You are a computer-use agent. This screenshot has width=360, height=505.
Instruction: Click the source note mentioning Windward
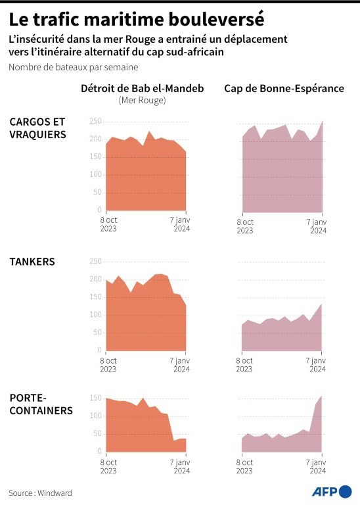(40, 493)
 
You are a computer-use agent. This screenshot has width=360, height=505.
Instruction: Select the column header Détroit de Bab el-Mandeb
(142, 89)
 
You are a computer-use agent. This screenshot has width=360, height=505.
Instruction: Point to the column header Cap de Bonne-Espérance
(284, 89)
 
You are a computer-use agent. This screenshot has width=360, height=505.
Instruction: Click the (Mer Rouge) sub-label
(142, 101)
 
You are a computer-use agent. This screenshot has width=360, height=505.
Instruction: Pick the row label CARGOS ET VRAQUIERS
(37, 128)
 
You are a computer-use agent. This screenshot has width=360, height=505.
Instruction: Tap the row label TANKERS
(32, 262)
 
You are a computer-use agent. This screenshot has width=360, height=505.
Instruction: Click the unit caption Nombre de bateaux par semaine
(74, 67)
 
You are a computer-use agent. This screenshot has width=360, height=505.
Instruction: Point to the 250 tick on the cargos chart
(95, 121)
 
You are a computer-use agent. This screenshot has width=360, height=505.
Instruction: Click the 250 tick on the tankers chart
(95, 262)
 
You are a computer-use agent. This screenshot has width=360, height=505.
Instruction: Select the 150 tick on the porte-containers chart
(95, 398)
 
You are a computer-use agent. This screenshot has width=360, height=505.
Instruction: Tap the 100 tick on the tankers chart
(95, 315)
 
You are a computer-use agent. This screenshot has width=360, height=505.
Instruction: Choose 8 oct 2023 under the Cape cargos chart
(244, 226)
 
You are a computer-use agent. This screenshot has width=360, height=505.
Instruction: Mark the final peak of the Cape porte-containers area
(321, 396)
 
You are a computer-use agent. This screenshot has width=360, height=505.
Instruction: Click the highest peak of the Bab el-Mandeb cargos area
(149, 132)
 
